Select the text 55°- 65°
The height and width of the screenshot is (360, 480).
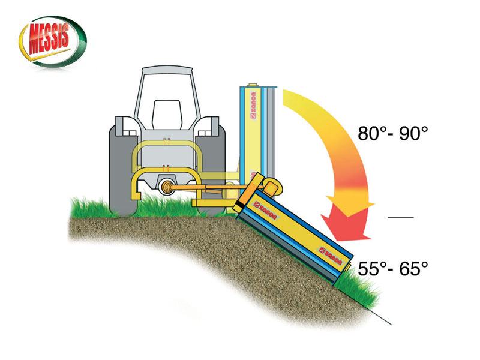pos(392,268)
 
